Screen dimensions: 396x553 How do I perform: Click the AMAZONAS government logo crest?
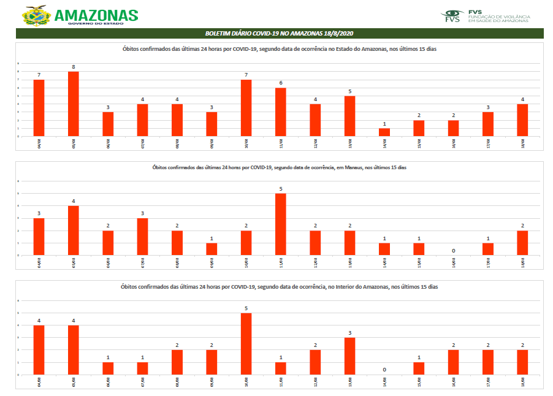point(37,16)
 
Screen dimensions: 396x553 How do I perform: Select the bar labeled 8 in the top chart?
point(73,104)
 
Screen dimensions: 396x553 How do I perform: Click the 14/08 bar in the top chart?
point(384,132)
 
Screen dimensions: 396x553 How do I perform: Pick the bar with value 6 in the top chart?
point(280,112)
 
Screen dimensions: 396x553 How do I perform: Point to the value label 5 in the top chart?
point(349,91)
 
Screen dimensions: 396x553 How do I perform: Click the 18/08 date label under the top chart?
point(522,143)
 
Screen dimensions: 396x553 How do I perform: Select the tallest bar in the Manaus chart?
point(280,224)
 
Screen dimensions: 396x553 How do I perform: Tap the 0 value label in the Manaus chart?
point(453,250)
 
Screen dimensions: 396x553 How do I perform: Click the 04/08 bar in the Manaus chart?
point(39,236)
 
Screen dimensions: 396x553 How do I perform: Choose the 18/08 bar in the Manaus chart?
point(522,242)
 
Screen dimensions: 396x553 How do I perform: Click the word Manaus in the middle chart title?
point(349,168)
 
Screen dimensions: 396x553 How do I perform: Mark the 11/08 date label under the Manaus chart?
point(280,262)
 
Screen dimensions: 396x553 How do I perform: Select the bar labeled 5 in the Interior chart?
point(246,343)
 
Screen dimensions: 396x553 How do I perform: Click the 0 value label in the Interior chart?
point(384,370)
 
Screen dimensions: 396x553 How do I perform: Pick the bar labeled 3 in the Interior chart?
point(349,356)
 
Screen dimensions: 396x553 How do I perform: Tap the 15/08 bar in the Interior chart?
point(419,368)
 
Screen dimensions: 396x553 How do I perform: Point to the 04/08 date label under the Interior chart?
point(39,382)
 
